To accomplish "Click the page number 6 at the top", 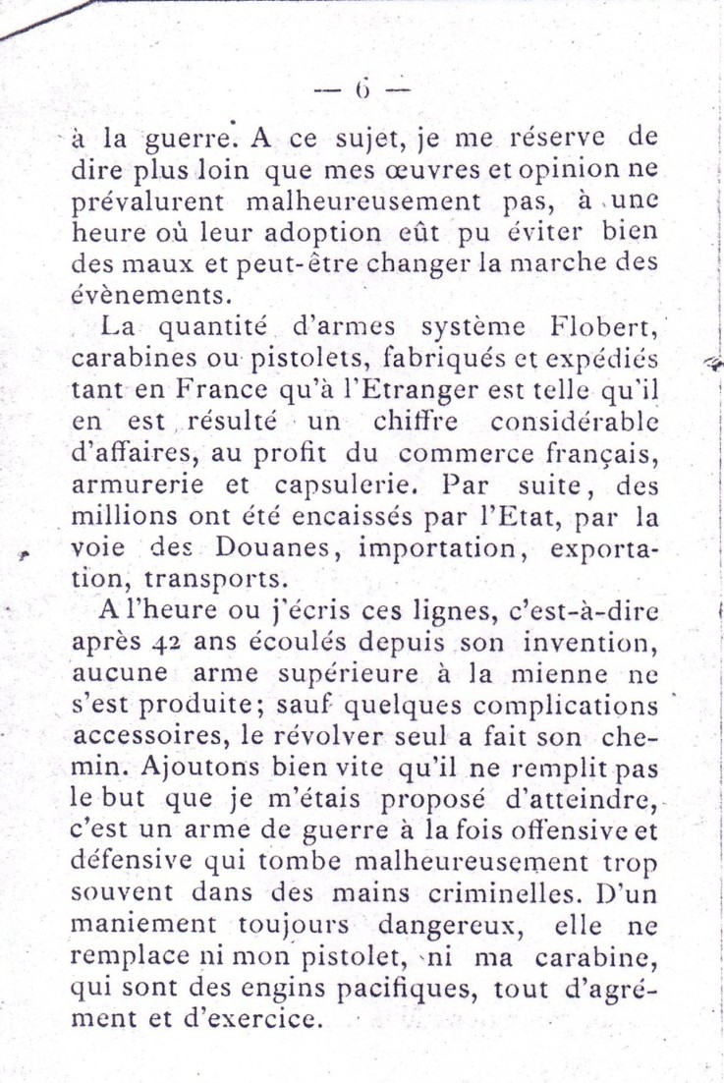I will click(361, 91).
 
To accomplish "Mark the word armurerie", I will click(135, 486).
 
